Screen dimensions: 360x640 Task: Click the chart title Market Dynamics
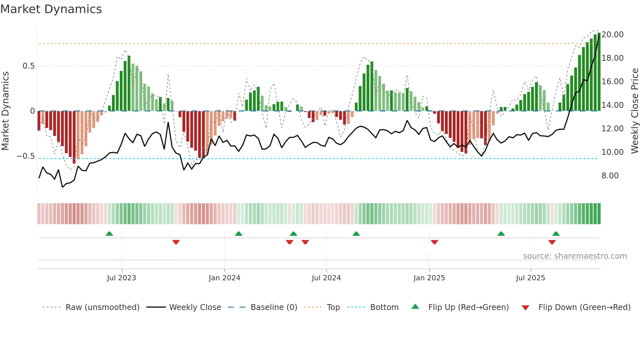click(51, 9)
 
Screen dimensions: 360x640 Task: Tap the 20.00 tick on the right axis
click(612, 35)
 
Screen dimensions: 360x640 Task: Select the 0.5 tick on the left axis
click(28, 66)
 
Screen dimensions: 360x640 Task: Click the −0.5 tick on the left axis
click(26, 156)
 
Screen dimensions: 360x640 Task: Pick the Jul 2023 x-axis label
click(121, 278)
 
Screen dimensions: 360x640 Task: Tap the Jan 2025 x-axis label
click(429, 278)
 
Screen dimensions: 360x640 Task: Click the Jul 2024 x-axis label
click(326, 278)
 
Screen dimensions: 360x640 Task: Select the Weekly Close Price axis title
click(634, 111)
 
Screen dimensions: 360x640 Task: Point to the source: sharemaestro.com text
click(575, 256)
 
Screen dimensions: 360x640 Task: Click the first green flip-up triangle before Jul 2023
click(109, 234)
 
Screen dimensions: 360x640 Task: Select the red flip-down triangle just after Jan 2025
click(434, 242)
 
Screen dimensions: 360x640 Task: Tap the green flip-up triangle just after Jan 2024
click(239, 234)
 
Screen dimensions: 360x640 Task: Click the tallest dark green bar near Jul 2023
click(129, 83)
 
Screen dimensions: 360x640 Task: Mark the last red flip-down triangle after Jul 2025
click(552, 242)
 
